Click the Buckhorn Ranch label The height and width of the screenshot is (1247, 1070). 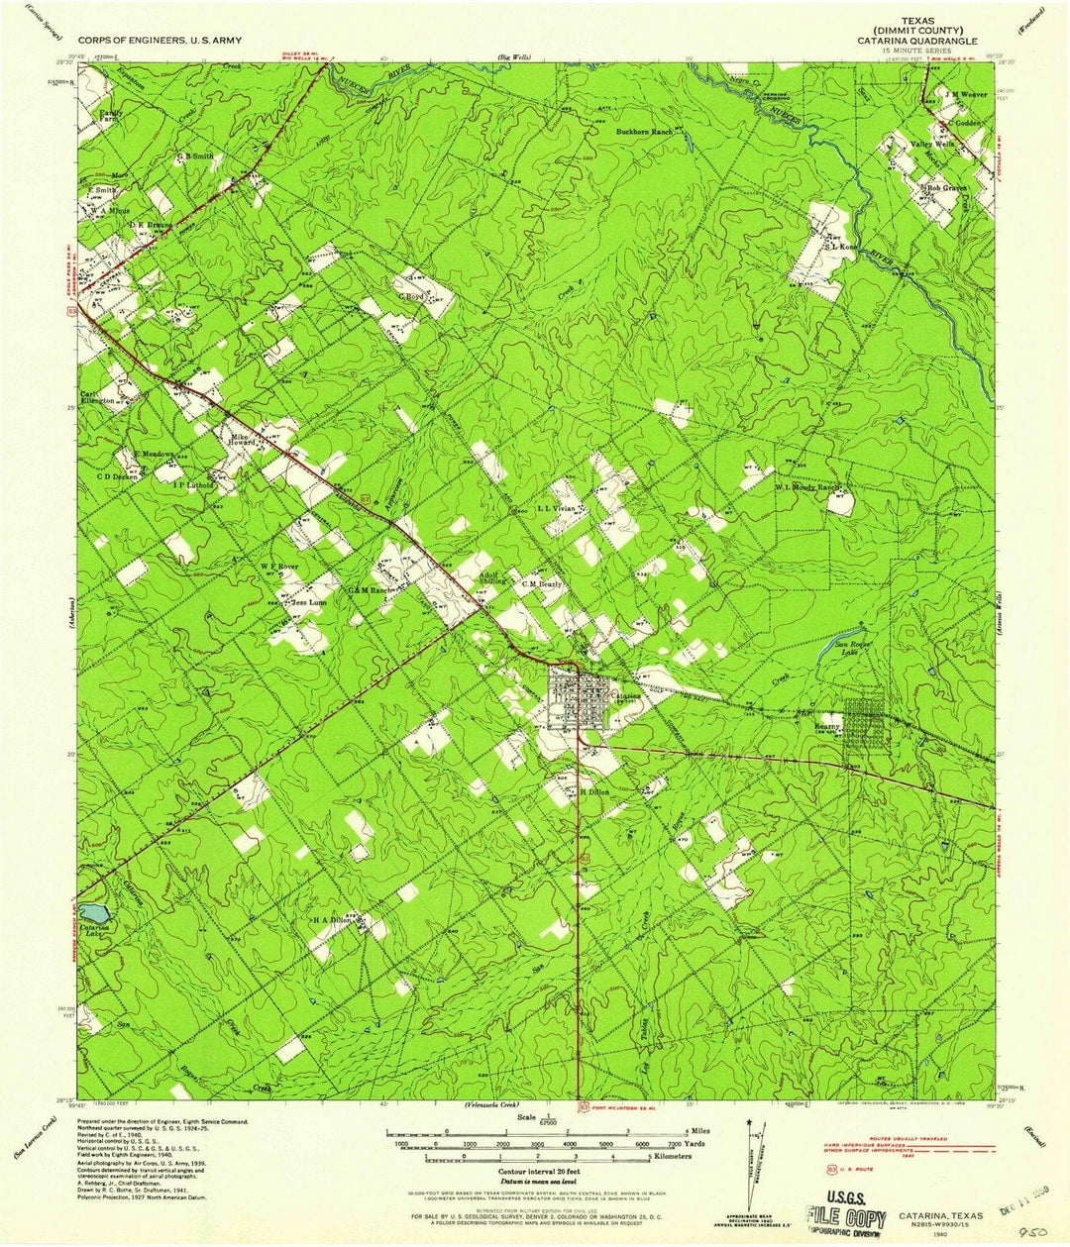click(x=645, y=132)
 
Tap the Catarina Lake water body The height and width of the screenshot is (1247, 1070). click(x=91, y=911)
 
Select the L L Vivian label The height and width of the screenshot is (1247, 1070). click(x=556, y=508)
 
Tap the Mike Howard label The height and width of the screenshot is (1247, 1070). click(x=243, y=440)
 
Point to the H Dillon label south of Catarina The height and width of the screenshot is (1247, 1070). click(x=594, y=792)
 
